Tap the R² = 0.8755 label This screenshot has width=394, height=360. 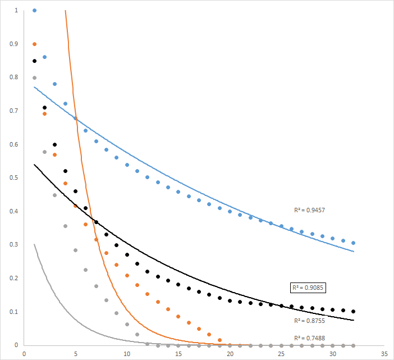309,321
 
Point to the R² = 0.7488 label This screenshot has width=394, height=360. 309,338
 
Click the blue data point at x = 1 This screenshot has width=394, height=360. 34,10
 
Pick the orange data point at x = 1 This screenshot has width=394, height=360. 34,44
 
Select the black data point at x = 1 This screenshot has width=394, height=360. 34,61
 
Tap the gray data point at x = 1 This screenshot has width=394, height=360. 34,78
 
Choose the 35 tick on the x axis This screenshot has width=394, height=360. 384,354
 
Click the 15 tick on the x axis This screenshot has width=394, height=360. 178,354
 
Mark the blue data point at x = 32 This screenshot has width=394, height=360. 354,243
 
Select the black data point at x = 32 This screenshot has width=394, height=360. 354,311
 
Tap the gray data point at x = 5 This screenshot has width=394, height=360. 75,250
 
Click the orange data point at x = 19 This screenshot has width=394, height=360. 219,340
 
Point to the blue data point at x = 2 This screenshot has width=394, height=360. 44,57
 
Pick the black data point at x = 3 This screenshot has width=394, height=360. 55,144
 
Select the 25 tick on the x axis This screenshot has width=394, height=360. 281,354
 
